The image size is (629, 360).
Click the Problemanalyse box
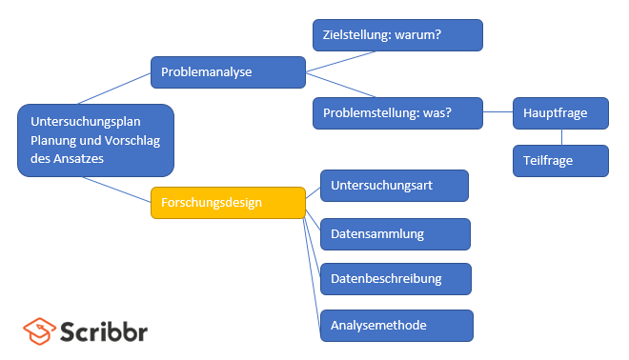228,72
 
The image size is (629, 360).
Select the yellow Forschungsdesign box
228,203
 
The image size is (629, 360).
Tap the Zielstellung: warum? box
397,35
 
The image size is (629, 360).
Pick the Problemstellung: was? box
397,113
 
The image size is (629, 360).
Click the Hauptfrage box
560,113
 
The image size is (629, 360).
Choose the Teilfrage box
560,161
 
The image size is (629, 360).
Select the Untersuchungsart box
395,186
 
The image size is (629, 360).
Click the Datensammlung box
396,234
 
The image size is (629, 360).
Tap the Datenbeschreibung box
396,279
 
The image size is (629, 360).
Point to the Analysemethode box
396,326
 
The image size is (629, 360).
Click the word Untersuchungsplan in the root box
86,122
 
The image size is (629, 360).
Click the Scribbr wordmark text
104,331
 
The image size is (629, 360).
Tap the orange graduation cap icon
39,331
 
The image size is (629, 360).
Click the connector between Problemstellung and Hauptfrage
497,111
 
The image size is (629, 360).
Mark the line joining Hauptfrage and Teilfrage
561,137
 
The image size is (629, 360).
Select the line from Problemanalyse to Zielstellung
340,61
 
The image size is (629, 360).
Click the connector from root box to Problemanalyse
114,89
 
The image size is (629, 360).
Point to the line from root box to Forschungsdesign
116,190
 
